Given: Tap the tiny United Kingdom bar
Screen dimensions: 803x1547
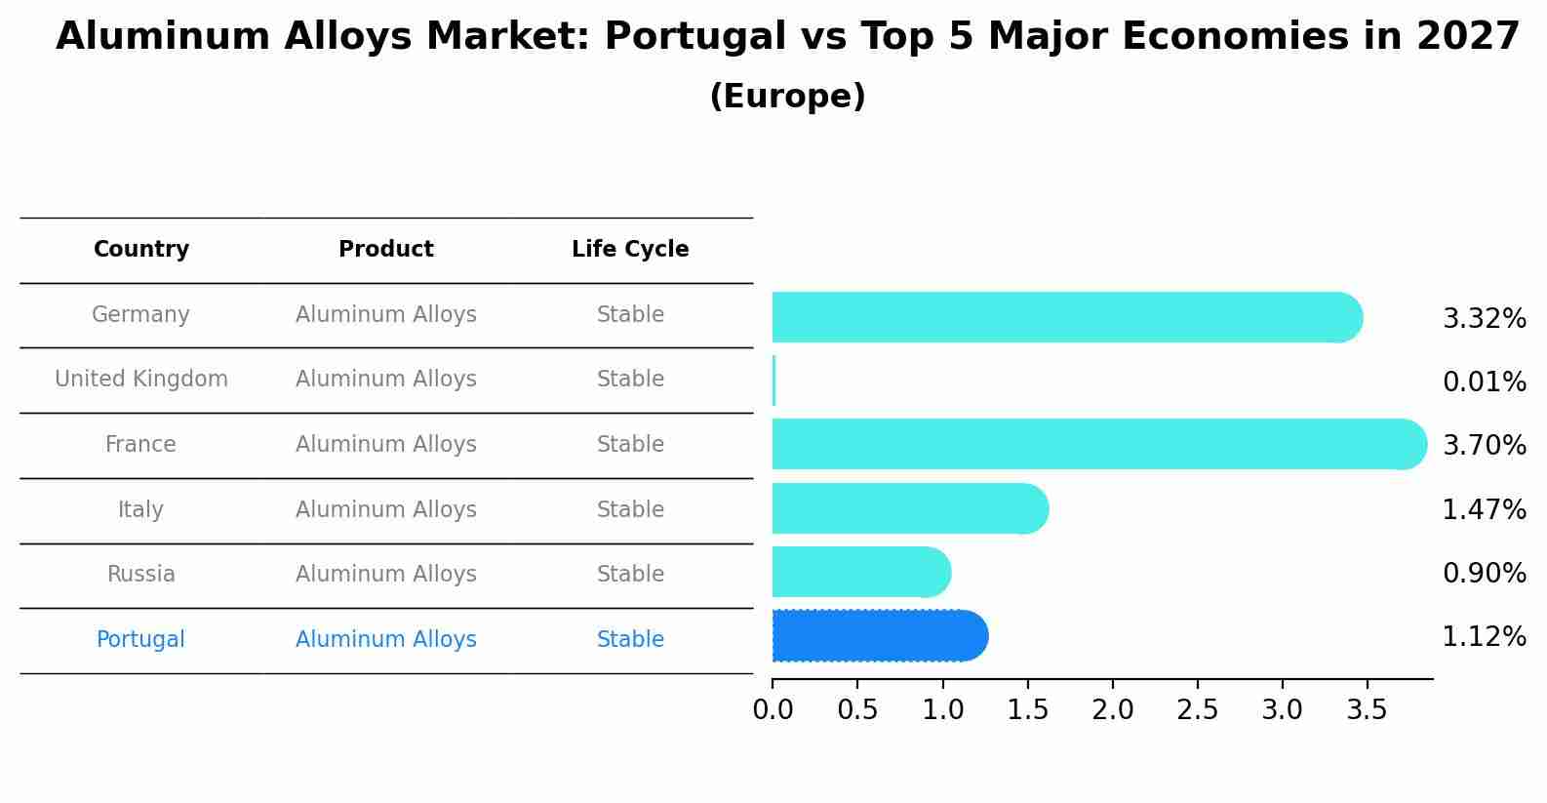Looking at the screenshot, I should click(773, 381).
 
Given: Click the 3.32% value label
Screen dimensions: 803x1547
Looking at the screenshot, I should click(1484, 318).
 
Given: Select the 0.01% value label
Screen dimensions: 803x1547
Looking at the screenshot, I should click(1484, 381).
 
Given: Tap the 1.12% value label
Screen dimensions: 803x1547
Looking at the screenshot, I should click(1484, 637).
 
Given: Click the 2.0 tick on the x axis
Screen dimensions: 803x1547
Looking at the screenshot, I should click(1112, 710).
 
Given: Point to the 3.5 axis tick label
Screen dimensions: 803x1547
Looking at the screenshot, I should click(1367, 710).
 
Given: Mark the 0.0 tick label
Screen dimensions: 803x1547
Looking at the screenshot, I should click(773, 710).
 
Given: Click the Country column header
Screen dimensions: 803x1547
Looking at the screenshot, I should click(141, 250).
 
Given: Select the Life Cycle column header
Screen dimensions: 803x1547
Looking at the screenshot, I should click(630, 250).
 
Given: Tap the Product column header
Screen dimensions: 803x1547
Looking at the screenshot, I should click(386, 250).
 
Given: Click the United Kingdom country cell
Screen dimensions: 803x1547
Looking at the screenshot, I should click(141, 380).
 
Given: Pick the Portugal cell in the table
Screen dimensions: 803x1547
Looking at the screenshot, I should click(140, 640).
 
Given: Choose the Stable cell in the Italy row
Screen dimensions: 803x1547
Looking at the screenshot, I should click(630, 509).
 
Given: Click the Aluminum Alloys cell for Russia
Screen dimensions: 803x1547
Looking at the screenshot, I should click(386, 575).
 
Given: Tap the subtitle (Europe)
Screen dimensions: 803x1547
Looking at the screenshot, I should click(787, 97).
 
